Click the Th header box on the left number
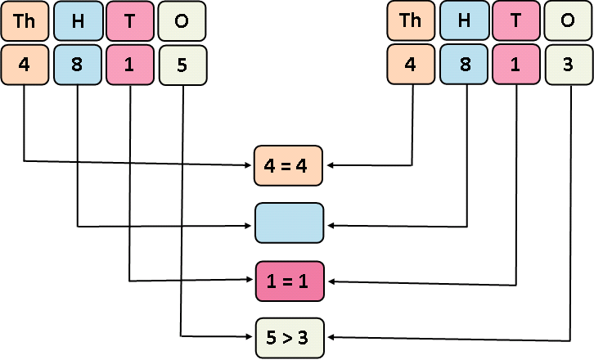point(25,21)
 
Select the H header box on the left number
point(78,21)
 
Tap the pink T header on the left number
point(130,21)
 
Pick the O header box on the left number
point(182,21)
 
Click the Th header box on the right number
point(411,21)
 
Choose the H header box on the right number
point(464,21)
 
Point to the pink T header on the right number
point(516,21)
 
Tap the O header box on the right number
point(568,21)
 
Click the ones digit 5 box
point(182,64)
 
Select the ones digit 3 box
point(568,64)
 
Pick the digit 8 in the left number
point(78,64)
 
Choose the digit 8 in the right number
point(464,64)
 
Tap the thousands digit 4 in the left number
point(25,64)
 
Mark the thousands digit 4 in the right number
point(411,64)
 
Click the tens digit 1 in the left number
point(130,64)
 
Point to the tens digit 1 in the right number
point(516,64)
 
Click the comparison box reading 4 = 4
point(290,165)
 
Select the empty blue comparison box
point(290,223)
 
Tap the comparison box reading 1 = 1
point(290,281)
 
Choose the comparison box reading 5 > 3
point(290,337)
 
